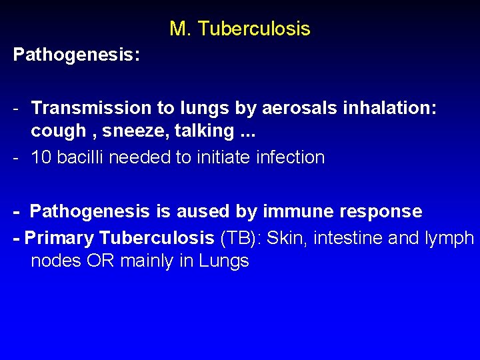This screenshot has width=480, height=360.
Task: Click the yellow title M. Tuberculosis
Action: pos(239,29)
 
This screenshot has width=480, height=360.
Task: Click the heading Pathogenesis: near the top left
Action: pos(77,55)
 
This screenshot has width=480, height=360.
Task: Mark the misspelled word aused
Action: pos(203,211)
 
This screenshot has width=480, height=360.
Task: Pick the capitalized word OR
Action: pos(98,261)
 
